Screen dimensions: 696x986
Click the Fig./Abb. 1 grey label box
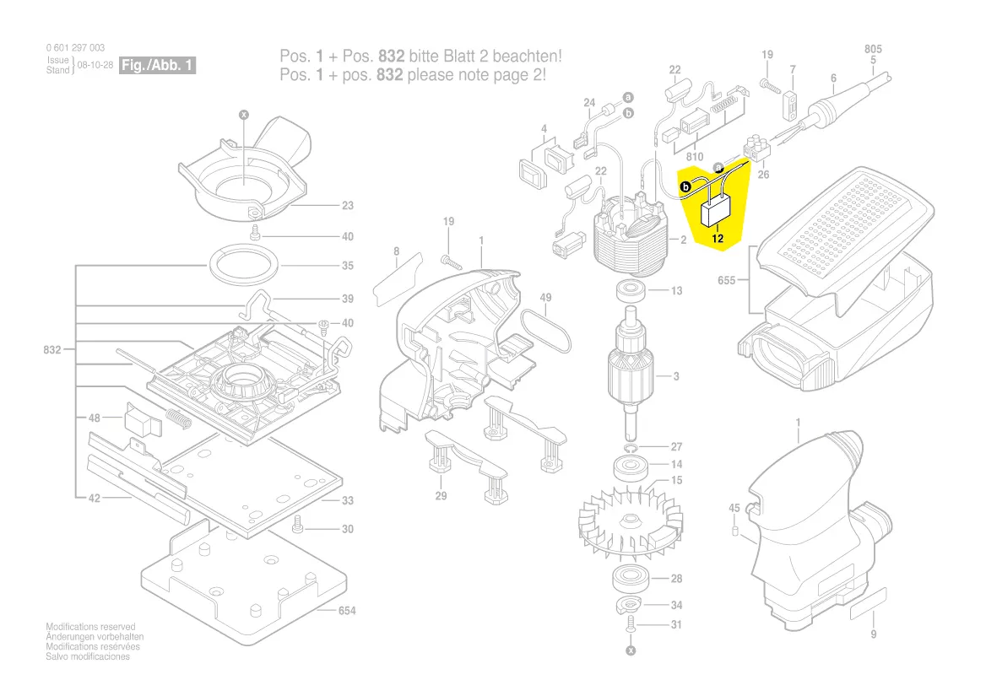tap(158, 65)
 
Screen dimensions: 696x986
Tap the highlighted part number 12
tap(718, 239)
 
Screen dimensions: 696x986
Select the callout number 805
tap(873, 50)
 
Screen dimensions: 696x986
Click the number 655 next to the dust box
tap(727, 280)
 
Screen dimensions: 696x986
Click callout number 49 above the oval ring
tap(546, 297)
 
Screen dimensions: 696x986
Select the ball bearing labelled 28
tap(629, 579)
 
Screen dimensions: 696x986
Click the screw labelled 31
tap(631, 626)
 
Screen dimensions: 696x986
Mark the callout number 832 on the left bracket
tap(52, 349)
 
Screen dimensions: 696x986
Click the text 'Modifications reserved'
tap(90, 627)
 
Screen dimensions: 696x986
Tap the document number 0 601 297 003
tap(76, 48)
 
